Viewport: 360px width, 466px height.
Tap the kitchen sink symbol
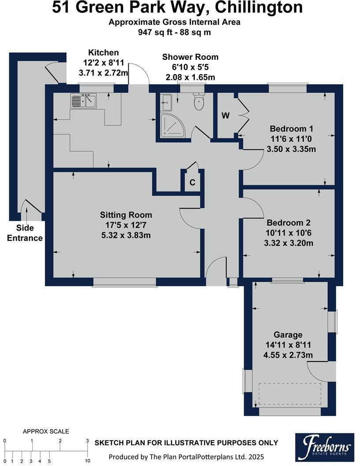pyautogui.click(x=83, y=101)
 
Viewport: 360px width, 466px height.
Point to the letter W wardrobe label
pyautogui.click(x=226, y=116)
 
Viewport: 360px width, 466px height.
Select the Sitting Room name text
pyautogui.click(x=126, y=215)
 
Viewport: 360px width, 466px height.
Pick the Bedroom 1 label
pyautogui.click(x=291, y=129)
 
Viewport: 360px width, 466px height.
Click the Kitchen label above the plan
pyautogui.click(x=104, y=52)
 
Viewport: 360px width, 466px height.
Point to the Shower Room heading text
pyautogui.click(x=190, y=57)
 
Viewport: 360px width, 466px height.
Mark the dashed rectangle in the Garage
pyautogui.click(x=289, y=394)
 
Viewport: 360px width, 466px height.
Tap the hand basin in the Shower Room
pyautogui.click(x=167, y=103)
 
